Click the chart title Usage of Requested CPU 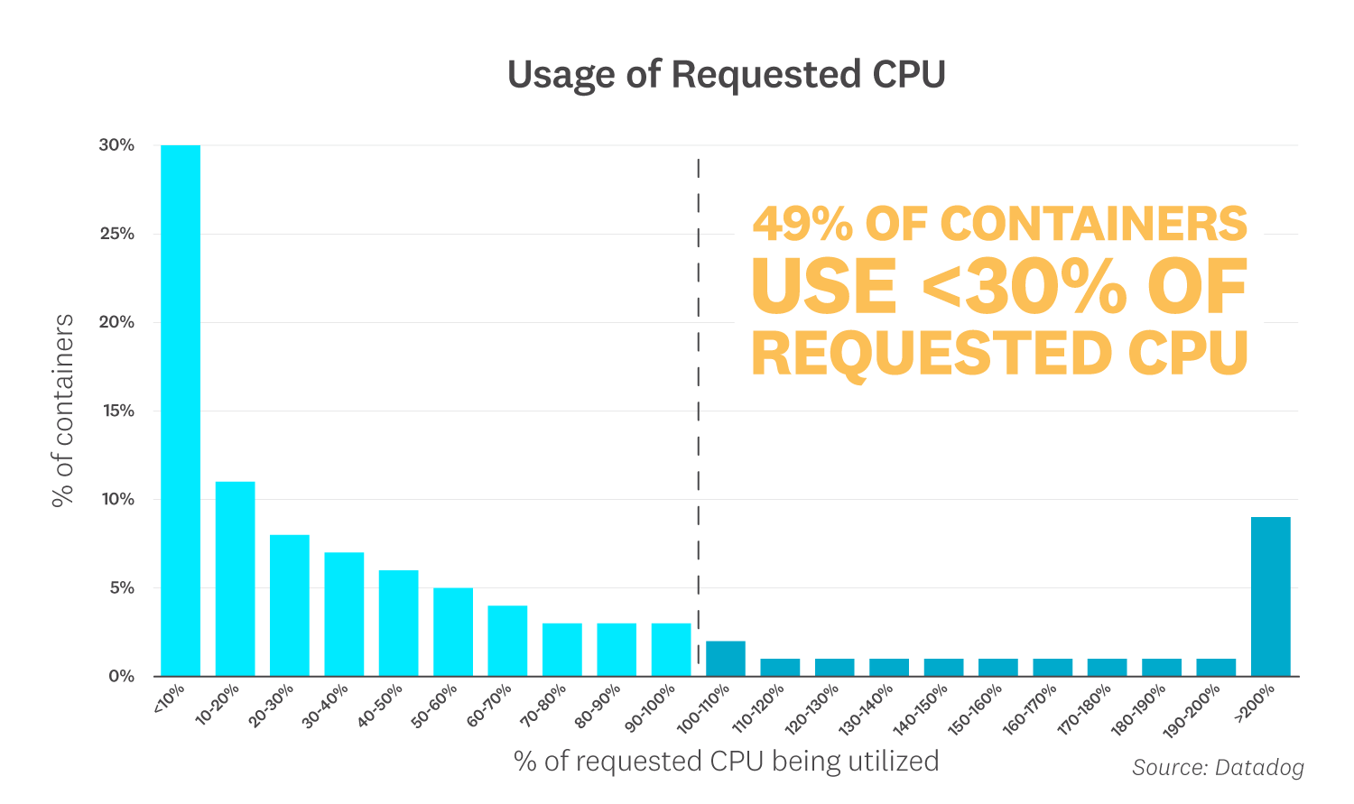(726, 74)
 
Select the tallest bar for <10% (181, 411)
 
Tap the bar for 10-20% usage (235, 578)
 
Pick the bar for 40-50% (398, 623)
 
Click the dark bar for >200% (1270, 596)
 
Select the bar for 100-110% (725, 659)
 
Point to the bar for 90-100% (671, 650)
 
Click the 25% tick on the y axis (116, 234)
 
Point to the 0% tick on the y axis (121, 676)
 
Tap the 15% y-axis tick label (116, 411)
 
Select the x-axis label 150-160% (978, 709)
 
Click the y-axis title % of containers (63, 411)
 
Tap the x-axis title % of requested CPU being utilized (726, 761)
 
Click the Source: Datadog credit (1218, 767)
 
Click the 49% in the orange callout (802, 224)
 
